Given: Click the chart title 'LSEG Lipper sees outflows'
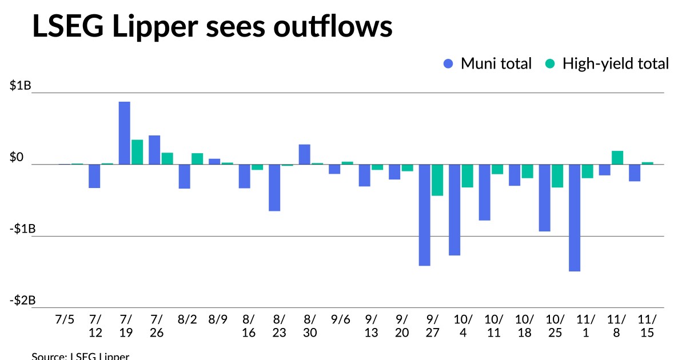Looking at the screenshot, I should click(212, 27).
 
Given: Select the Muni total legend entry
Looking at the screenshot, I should click(488, 63).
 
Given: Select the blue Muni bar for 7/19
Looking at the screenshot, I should click(125, 133).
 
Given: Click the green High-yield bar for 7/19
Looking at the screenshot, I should click(137, 152).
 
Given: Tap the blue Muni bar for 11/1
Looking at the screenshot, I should click(575, 218).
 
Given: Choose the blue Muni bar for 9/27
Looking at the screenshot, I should click(425, 215).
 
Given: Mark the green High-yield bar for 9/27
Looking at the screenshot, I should click(437, 180).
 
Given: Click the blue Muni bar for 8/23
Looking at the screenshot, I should click(274, 187).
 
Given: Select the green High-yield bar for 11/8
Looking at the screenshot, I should click(617, 158).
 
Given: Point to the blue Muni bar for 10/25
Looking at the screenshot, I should click(545, 198).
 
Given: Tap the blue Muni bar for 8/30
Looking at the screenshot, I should click(305, 154).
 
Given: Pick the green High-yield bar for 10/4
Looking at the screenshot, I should click(467, 176).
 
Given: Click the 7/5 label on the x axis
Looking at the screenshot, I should click(65, 319).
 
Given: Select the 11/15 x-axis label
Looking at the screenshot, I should click(647, 326).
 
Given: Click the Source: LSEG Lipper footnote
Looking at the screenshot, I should click(81, 356).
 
